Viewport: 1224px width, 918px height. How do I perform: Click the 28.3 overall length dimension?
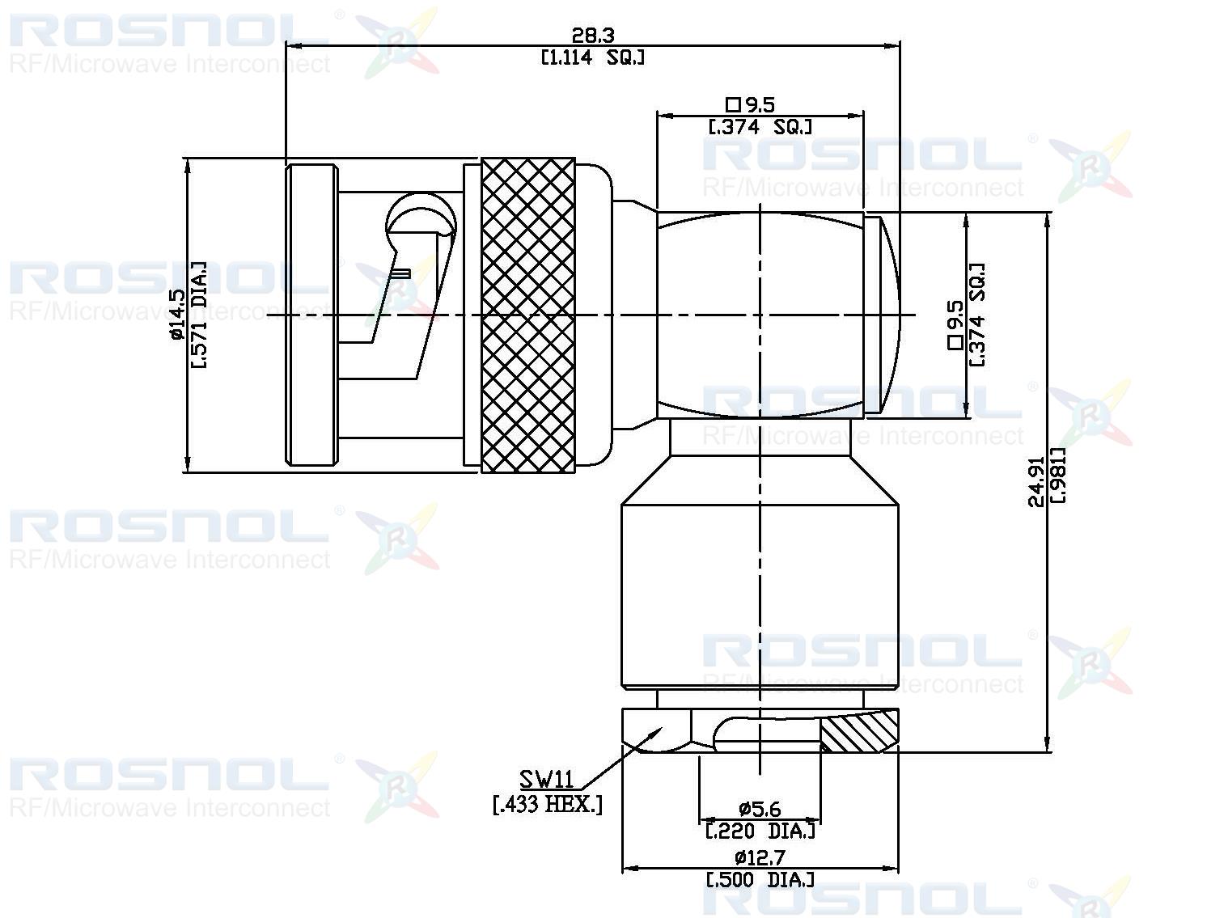(x=593, y=36)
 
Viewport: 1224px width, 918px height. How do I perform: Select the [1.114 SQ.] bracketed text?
(x=593, y=57)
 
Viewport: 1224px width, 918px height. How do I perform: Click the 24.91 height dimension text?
(x=1036, y=482)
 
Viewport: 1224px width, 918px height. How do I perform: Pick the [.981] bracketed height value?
(x=1057, y=476)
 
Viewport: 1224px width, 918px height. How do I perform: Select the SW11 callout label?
(x=547, y=780)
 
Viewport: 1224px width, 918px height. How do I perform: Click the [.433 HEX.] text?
(x=548, y=805)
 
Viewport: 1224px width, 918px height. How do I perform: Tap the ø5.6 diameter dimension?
(x=759, y=809)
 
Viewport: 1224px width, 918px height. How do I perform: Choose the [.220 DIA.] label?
(x=760, y=831)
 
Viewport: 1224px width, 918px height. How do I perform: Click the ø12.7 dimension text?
(x=760, y=857)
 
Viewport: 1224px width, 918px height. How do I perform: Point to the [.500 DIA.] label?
(x=760, y=879)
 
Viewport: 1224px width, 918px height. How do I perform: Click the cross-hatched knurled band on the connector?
(x=527, y=315)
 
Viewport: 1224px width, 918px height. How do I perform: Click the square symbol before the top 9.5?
(x=733, y=104)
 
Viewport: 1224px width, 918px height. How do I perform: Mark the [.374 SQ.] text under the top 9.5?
(x=760, y=127)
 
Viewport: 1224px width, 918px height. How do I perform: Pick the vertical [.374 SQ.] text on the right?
(x=977, y=314)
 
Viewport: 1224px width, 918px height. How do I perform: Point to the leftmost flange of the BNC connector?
(x=311, y=315)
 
